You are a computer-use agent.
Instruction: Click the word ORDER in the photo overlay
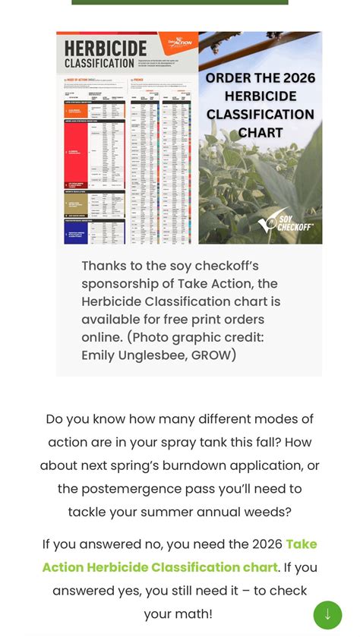(229, 78)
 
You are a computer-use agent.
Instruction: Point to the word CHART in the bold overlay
(261, 133)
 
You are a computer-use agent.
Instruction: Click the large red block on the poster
(76, 152)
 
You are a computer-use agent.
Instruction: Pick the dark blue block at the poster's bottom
(76, 231)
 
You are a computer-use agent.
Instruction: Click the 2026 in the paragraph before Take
(263, 544)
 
